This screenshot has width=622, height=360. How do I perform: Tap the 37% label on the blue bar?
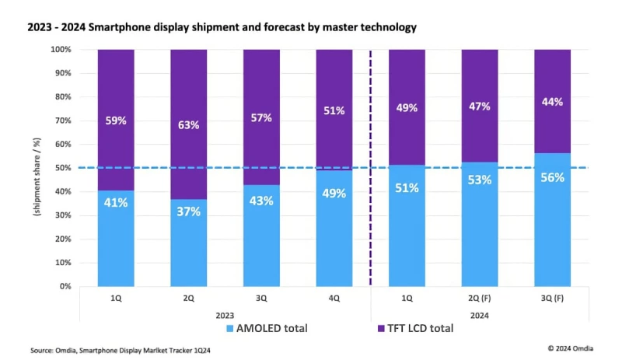[x=188, y=211]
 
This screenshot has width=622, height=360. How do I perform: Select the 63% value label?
[x=188, y=124]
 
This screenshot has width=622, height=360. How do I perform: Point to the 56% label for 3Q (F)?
[x=552, y=177]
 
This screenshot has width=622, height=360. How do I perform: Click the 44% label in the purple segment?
[x=552, y=102]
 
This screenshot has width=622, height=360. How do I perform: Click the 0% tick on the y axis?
[x=65, y=286]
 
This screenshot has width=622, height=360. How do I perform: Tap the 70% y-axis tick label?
[x=63, y=121]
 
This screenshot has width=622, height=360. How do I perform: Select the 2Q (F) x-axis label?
[x=479, y=298]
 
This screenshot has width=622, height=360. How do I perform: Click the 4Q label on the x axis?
[x=334, y=298]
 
